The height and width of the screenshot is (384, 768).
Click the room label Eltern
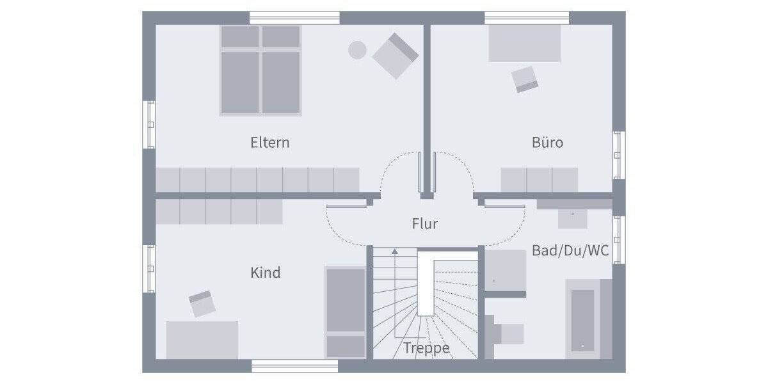pyautogui.click(x=269, y=142)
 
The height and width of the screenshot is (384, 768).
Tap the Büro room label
pyautogui.click(x=547, y=142)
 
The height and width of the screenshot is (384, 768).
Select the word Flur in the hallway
pyautogui.click(x=425, y=224)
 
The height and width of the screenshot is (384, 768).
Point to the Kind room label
pyautogui.click(x=265, y=273)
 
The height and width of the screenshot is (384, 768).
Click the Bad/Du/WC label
pyautogui.click(x=570, y=250)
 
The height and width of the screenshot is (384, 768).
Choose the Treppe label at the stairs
pyautogui.click(x=426, y=348)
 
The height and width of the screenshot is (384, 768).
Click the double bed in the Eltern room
pyautogui.click(x=260, y=70)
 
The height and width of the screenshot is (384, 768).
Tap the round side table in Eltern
pyautogui.click(x=357, y=49)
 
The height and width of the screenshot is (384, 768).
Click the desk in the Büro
pyautogui.click(x=525, y=44)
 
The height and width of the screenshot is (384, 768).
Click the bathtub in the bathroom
pyautogui.click(x=582, y=319)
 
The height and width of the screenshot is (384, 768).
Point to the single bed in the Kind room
pyautogui.click(x=346, y=312)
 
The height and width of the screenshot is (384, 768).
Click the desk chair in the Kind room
pyautogui.click(x=203, y=303)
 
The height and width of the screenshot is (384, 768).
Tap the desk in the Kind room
pyautogui.click(x=202, y=339)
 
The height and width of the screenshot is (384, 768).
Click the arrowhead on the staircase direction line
pyautogui.click(x=395, y=252)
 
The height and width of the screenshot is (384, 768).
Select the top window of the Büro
pyautogui.click(x=527, y=17)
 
